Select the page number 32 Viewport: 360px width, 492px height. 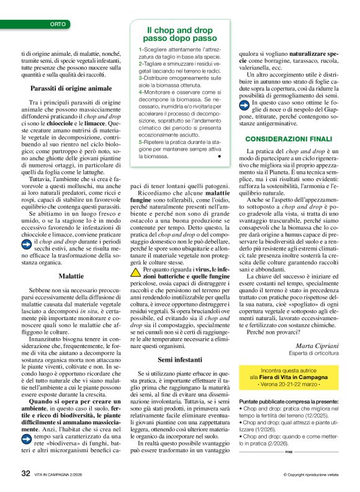(25, 473)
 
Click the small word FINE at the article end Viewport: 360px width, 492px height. (289, 452)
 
